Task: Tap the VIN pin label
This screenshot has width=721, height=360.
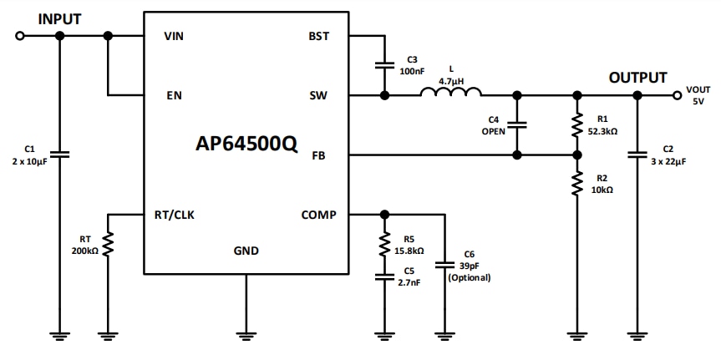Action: (x=174, y=36)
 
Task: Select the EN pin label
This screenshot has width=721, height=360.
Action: (x=173, y=95)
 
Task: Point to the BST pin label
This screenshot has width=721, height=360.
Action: (x=319, y=36)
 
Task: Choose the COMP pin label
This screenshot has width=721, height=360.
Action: (x=318, y=215)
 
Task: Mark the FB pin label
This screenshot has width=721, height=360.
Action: (x=319, y=155)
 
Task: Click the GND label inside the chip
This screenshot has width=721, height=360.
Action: (x=246, y=251)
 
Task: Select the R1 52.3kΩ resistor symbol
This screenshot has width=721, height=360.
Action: (x=576, y=125)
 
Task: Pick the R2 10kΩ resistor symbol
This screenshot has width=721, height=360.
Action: (x=576, y=184)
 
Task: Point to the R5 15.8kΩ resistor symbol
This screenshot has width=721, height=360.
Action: (x=384, y=245)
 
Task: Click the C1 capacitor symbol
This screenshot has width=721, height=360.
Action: (x=59, y=155)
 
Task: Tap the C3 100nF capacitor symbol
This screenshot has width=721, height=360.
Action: (x=384, y=65)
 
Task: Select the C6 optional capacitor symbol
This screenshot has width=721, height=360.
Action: (x=444, y=265)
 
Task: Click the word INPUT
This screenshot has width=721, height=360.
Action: (x=60, y=18)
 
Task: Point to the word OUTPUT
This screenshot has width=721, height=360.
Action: (x=637, y=78)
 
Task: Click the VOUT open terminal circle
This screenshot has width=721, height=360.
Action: (x=675, y=95)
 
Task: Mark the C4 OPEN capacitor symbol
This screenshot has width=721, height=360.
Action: (x=518, y=125)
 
